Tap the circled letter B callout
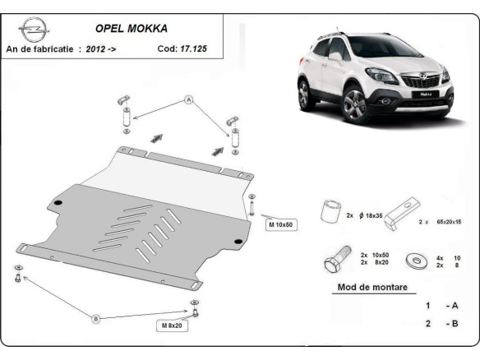click(95, 317)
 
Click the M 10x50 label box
click(280, 224)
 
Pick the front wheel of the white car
click(356, 105)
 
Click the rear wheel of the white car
click(305, 95)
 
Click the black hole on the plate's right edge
click(237, 241)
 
